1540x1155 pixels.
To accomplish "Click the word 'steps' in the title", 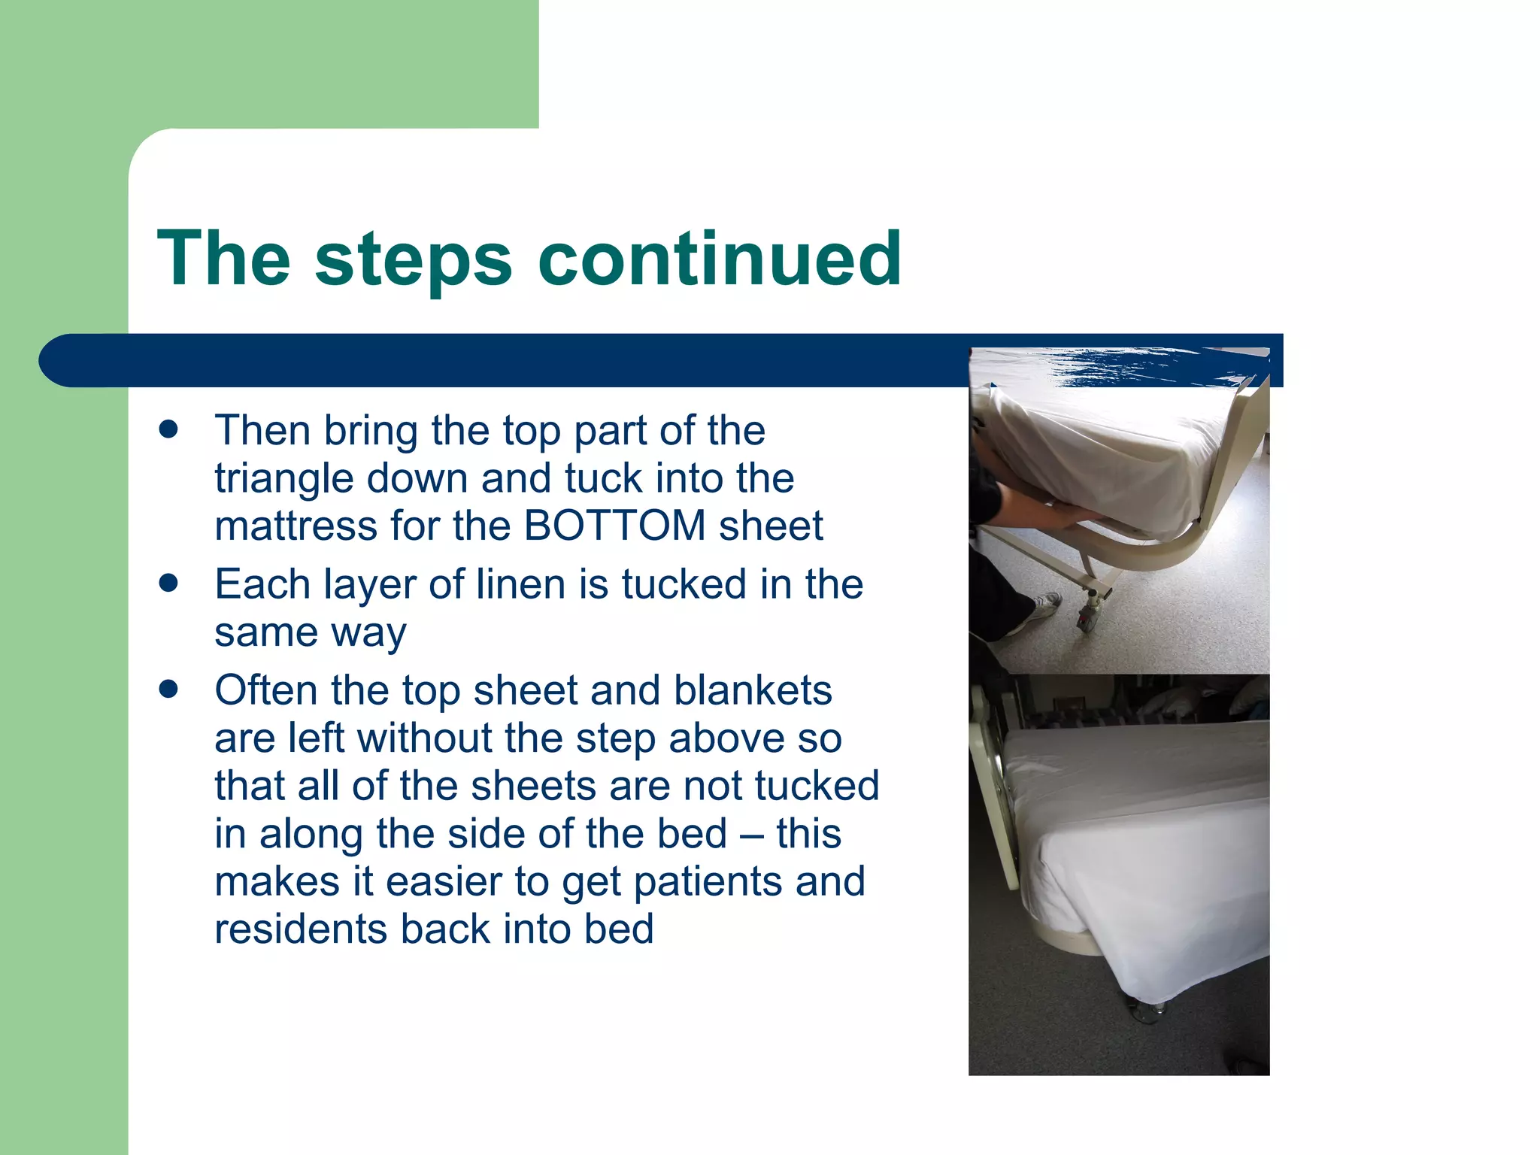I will [x=413, y=259].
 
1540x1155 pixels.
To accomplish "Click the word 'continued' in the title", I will [x=720, y=259].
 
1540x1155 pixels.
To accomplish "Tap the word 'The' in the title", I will [x=224, y=259].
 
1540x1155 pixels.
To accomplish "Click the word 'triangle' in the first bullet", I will [x=283, y=478].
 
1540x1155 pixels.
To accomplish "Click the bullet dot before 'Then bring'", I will [x=168, y=430].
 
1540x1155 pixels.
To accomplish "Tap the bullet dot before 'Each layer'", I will [x=168, y=584].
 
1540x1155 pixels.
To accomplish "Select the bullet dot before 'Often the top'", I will [x=168, y=690].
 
